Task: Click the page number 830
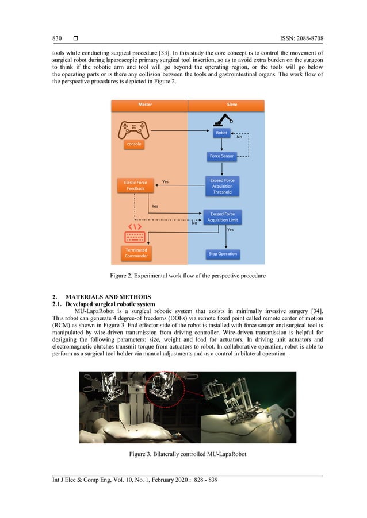click(x=57, y=38)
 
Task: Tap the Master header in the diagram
click(x=145, y=105)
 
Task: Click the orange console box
click(x=134, y=145)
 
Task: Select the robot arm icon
click(x=222, y=119)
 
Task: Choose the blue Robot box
click(x=221, y=133)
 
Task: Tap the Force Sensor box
click(x=222, y=156)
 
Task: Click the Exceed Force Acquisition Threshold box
click(x=222, y=185)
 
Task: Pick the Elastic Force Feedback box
click(x=135, y=185)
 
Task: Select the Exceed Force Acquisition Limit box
click(x=222, y=217)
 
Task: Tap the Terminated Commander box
click(x=136, y=253)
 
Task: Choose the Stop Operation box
click(x=222, y=253)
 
